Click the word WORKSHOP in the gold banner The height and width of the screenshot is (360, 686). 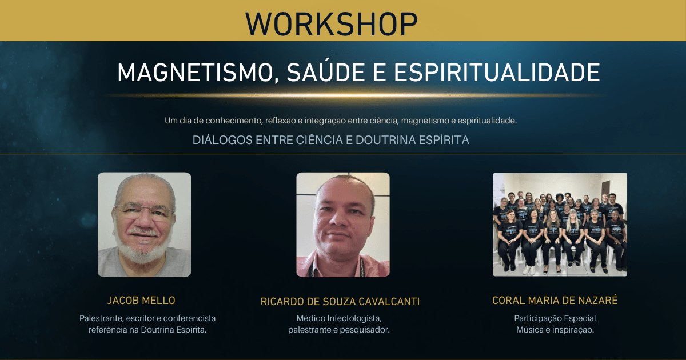click(x=332, y=24)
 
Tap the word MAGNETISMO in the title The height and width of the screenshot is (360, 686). click(x=198, y=73)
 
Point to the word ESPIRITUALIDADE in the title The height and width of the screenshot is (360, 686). click(x=497, y=73)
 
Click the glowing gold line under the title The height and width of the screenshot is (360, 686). click(x=355, y=95)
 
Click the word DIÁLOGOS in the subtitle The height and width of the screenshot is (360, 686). click(x=222, y=139)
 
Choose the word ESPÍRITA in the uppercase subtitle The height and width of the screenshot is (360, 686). click(x=444, y=140)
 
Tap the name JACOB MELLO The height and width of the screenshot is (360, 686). click(x=141, y=301)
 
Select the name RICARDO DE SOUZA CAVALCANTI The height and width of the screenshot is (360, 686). click(x=340, y=302)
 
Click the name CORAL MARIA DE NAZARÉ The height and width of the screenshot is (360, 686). click(x=555, y=301)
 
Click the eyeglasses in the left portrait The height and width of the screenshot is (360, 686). click(x=144, y=212)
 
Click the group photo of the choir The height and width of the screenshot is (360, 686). click(x=560, y=225)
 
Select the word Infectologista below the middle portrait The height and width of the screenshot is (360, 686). click(x=354, y=318)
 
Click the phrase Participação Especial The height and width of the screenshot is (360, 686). click(x=555, y=318)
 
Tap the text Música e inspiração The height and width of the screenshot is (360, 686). click(x=555, y=330)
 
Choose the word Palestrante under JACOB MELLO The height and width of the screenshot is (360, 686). click(x=102, y=318)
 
